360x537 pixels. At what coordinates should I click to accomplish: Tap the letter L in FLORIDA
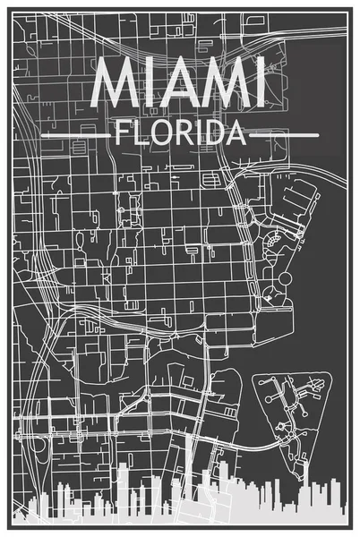140,135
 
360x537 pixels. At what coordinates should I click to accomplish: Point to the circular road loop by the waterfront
286,280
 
